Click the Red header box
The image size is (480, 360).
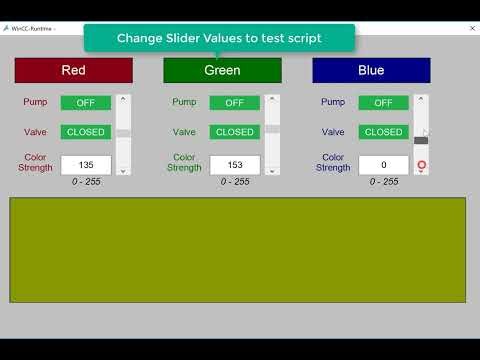[73, 70]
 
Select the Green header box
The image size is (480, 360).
[222, 70]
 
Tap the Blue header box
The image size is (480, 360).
[371, 70]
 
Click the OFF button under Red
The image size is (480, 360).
[85, 102]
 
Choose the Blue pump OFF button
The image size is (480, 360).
[383, 102]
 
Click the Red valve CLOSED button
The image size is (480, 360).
[85, 132]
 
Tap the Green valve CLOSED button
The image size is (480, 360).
[234, 132]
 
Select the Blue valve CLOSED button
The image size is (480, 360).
[383, 132]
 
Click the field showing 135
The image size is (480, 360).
[85, 165]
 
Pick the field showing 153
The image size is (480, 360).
[234, 165]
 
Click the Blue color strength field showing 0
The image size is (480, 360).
[383, 165]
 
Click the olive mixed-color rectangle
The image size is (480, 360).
[237, 249]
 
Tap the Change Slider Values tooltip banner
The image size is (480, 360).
[219, 38]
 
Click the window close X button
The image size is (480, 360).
[471, 29]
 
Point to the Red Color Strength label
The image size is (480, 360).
[35, 162]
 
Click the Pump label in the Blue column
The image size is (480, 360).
[333, 102]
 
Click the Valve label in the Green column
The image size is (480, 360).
[184, 132]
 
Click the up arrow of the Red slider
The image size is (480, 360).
[123, 99]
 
